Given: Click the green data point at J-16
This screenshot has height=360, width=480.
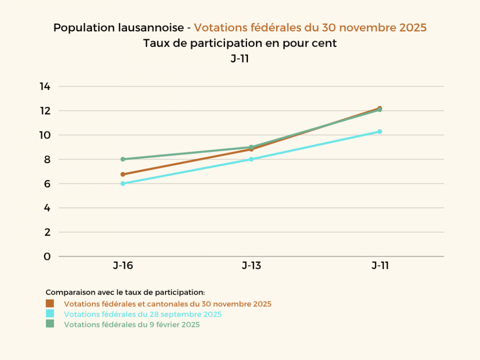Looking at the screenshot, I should point(122,159).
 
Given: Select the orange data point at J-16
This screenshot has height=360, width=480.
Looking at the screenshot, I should point(122,174).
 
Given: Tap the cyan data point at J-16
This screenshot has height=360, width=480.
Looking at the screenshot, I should point(122,183).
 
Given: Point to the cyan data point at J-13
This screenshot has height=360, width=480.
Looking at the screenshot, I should point(251,159).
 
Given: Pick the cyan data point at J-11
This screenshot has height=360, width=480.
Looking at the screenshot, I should point(380,131).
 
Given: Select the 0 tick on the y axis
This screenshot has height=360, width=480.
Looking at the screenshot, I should point(47,256).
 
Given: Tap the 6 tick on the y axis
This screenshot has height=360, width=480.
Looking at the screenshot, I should point(47,183).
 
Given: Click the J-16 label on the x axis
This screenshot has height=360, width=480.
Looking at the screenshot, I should point(122,265).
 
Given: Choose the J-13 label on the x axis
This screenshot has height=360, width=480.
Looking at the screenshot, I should point(251,265).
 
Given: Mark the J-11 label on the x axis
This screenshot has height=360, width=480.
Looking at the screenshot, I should point(380,265).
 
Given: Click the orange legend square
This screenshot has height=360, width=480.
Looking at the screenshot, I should point(49,303).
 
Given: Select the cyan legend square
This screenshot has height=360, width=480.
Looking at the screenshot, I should point(49,314).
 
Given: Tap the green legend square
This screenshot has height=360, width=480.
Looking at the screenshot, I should point(49,324).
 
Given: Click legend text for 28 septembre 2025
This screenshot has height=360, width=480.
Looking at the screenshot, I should point(142,314).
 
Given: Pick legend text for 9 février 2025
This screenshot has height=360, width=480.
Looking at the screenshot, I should point(131,324).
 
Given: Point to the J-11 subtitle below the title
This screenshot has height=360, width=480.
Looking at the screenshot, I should point(240,58).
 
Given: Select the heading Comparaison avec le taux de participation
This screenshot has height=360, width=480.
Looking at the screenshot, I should point(125,292).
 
